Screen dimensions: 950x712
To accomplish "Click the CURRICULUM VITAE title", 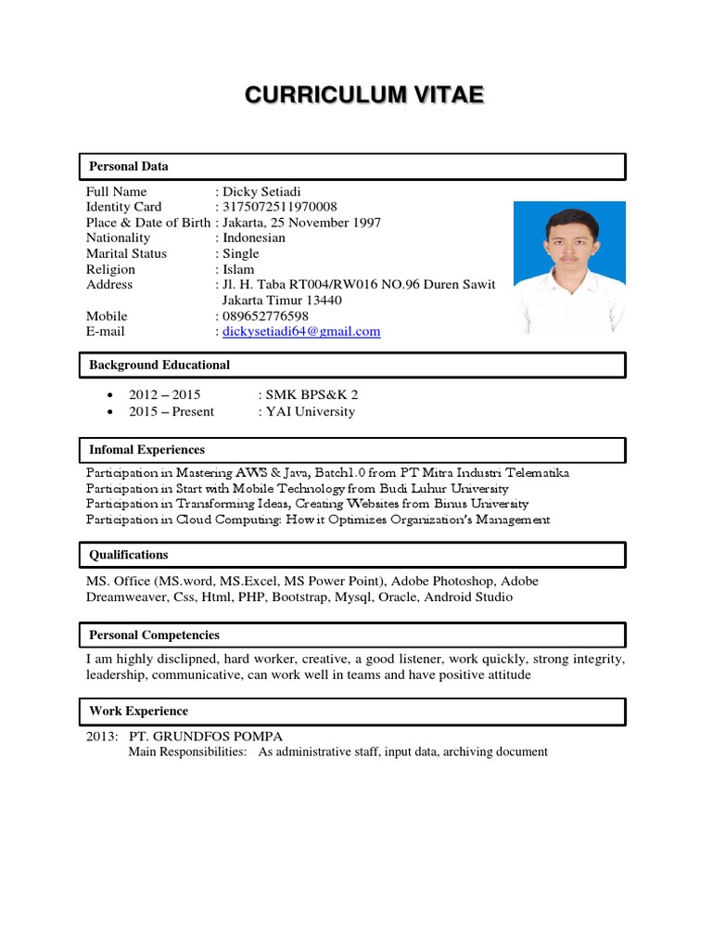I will [x=363, y=96].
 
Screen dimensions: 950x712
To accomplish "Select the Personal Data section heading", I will [x=129, y=167].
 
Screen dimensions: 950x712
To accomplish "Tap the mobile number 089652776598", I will [x=265, y=316].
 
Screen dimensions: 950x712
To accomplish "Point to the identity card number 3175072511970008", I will [x=279, y=207].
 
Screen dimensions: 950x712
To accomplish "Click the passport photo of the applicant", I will [x=569, y=266].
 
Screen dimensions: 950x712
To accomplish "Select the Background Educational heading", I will [x=159, y=366].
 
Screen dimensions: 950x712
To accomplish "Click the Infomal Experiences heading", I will [x=146, y=450].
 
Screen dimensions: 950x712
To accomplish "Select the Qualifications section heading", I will [x=129, y=555].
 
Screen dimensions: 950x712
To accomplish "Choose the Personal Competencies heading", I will [x=154, y=635].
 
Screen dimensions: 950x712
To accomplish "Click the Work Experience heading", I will [x=138, y=712].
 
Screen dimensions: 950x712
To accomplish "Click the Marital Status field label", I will [x=126, y=253].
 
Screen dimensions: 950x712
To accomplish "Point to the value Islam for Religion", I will [x=236, y=269].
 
